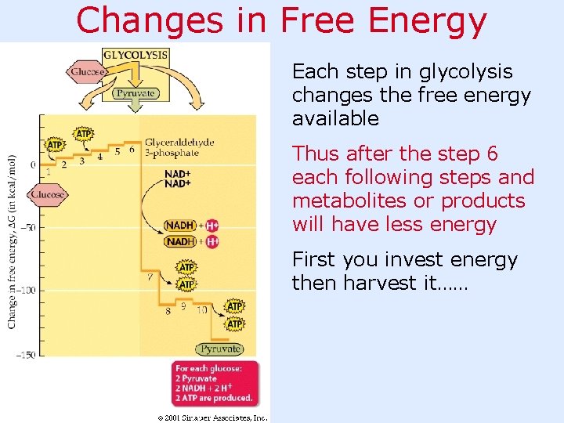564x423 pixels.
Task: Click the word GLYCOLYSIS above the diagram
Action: [x=136, y=55]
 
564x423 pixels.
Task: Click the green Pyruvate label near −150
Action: [x=220, y=349]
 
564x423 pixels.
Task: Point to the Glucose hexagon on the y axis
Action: [x=47, y=194]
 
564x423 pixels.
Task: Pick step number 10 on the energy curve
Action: [x=201, y=310]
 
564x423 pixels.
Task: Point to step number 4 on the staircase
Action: [x=99, y=157]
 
